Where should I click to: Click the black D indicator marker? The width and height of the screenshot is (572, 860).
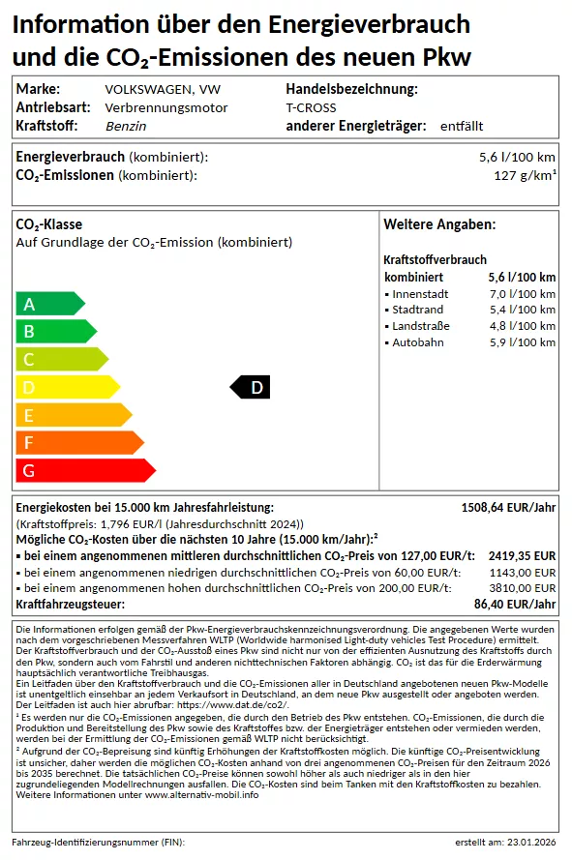(251, 388)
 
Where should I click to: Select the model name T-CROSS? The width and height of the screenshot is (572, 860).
(311, 107)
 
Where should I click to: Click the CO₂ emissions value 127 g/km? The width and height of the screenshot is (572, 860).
(525, 175)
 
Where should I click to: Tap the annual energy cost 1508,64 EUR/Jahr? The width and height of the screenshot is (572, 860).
(508, 507)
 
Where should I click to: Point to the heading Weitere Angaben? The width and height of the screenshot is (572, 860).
(439, 224)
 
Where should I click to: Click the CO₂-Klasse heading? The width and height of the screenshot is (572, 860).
(49, 224)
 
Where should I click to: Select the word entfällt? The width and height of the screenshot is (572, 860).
(461, 126)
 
